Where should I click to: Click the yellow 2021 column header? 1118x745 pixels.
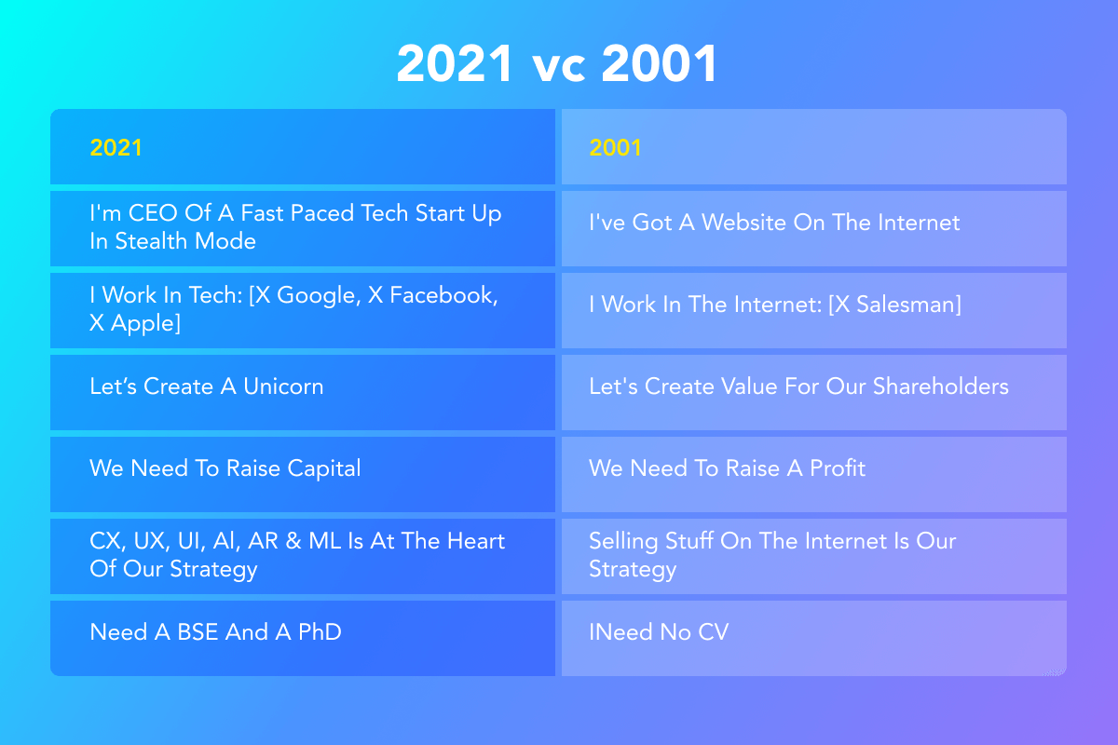pos(116,148)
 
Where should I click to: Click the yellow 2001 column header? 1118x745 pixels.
pos(615,148)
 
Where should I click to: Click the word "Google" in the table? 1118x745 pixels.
pos(319,296)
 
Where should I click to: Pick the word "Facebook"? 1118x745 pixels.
pos(443,296)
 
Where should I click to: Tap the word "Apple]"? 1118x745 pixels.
pos(145,324)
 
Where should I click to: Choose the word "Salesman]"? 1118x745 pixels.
pos(909,305)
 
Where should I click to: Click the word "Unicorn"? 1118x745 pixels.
pos(283,386)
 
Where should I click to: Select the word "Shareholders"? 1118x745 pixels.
pos(941,386)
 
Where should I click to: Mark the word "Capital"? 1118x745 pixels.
pos(324,469)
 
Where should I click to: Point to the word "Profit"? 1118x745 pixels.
pos(838,468)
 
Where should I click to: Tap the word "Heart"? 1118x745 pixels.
pos(476,541)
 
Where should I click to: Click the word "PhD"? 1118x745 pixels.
pos(320,632)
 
